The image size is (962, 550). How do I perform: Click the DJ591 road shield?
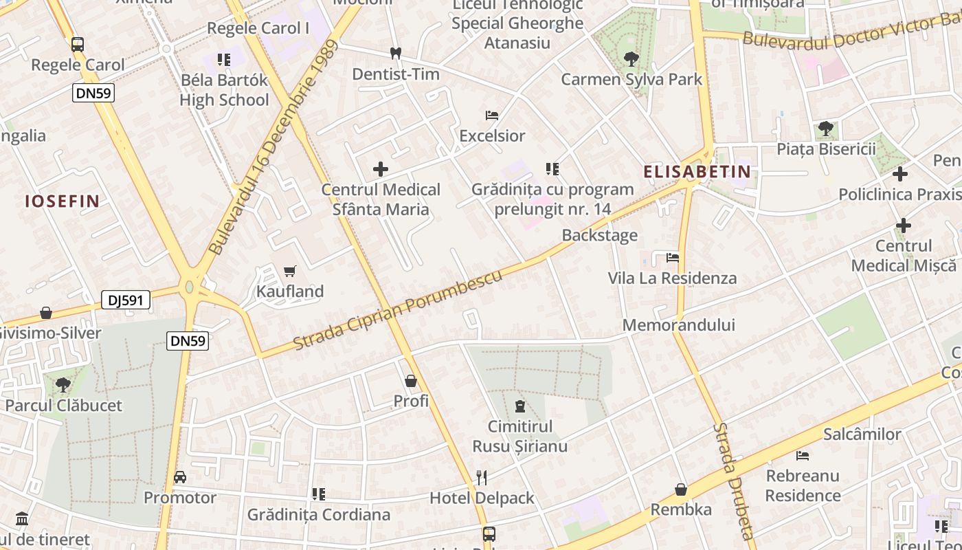point(126,300)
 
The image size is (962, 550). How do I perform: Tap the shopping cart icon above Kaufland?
point(290,271)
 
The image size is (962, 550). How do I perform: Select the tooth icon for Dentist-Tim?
point(395,53)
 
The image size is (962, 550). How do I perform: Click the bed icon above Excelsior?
point(492,115)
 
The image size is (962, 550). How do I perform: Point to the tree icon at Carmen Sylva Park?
point(631,58)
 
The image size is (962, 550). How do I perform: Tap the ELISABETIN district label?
point(697,172)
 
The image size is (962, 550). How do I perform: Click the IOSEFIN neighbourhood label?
point(63,201)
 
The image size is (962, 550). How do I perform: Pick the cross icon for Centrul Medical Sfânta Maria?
point(381,168)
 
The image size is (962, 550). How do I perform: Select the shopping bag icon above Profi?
point(411,380)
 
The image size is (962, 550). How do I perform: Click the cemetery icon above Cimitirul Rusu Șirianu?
point(520,406)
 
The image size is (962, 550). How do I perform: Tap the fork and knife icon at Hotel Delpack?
point(482,477)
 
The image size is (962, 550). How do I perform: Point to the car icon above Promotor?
point(180,476)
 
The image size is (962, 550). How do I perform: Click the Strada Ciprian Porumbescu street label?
point(399,309)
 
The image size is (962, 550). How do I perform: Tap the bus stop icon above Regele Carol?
point(78,45)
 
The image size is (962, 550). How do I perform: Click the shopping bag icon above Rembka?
point(681,489)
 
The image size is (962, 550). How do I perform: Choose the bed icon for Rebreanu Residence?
point(803,455)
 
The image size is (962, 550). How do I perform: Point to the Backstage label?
point(600,235)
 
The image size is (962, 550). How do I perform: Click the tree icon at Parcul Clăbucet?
point(63,384)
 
